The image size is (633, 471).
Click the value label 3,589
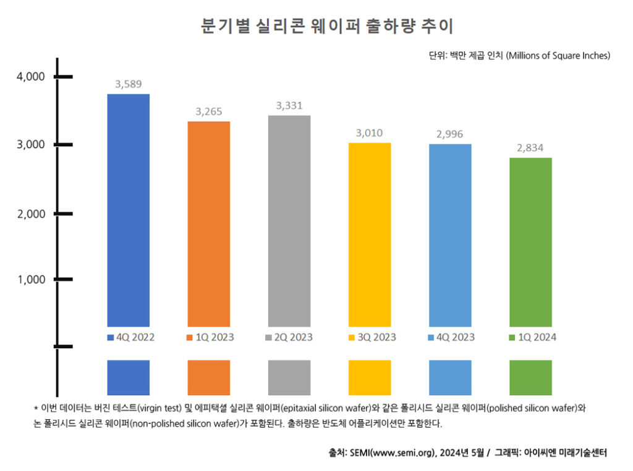129,84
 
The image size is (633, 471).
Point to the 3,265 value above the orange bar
208,112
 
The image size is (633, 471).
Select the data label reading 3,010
370,133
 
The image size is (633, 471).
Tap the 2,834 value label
530,148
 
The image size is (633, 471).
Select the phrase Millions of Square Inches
559,56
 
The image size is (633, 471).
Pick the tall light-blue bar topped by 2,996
449,235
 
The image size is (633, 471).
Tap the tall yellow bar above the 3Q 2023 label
370,234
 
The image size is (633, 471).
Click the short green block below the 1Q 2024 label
530,377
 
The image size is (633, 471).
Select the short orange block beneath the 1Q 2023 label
208,377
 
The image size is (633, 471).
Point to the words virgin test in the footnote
162,408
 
